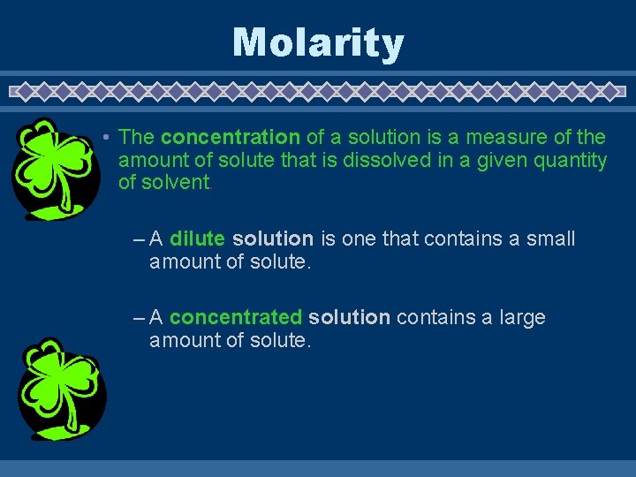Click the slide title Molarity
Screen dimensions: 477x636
[x=318, y=42]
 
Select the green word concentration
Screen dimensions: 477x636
[x=231, y=138]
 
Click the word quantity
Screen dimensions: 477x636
[x=573, y=161]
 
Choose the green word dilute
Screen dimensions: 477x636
[x=197, y=239]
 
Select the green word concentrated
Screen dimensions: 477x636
[x=236, y=318]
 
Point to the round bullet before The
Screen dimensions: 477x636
[x=104, y=138]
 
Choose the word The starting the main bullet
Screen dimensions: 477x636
[x=136, y=138]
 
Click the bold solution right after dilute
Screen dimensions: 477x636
[x=273, y=239]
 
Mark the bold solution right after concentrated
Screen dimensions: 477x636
[x=349, y=318]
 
